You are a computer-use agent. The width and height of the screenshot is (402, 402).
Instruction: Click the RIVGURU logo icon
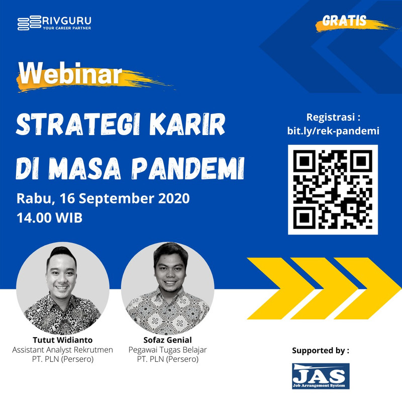point(29,23)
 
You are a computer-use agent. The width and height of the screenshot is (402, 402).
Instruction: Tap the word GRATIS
point(344,21)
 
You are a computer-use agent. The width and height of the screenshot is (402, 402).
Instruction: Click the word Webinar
point(70,74)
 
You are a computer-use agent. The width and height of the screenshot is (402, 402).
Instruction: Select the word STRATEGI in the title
point(78,124)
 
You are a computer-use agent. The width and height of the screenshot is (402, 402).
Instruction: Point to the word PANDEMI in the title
point(188,168)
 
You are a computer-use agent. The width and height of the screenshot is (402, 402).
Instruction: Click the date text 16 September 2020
point(125,198)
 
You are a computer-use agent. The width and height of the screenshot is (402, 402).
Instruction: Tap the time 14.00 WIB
point(49,218)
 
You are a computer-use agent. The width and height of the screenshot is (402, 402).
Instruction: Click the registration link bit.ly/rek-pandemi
point(333,131)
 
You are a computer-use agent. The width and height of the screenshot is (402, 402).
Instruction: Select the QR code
point(333,189)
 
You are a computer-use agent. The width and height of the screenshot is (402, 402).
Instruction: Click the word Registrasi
point(331,117)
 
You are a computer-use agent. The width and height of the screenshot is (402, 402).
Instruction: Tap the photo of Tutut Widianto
point(63,288)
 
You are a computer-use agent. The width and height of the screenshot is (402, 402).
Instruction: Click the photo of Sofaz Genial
point(168,288)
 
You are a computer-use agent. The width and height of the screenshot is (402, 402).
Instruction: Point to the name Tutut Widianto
point(62,340)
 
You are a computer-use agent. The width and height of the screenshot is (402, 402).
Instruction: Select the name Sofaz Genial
point(168,340)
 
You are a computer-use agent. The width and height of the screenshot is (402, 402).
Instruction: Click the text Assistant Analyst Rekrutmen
point(62,350)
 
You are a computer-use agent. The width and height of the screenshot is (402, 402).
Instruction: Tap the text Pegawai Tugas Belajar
point(168,350)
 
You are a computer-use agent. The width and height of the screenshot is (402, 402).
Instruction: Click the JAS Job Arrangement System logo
point(321,376)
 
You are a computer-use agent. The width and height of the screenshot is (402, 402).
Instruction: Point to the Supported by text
point(321,350)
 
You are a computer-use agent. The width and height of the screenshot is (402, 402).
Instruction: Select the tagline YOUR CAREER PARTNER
point(67,28)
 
